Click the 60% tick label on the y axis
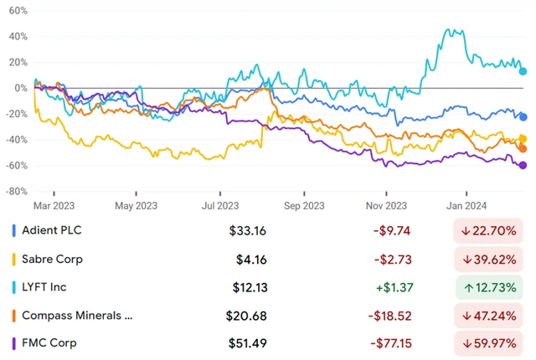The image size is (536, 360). click(18, 13)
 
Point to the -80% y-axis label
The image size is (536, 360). click(16, 191)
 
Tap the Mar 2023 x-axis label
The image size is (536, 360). click(52, 204)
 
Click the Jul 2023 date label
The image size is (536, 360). click(220, 204)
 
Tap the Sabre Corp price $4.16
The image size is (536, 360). click(252, 259)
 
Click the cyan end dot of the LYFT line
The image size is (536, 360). click(523, 71)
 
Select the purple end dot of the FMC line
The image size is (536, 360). click(523, 165)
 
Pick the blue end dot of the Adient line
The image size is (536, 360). click(523, 117)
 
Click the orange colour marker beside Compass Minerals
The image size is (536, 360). click(14, 316)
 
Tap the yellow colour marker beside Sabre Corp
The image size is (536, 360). click(14, 259)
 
